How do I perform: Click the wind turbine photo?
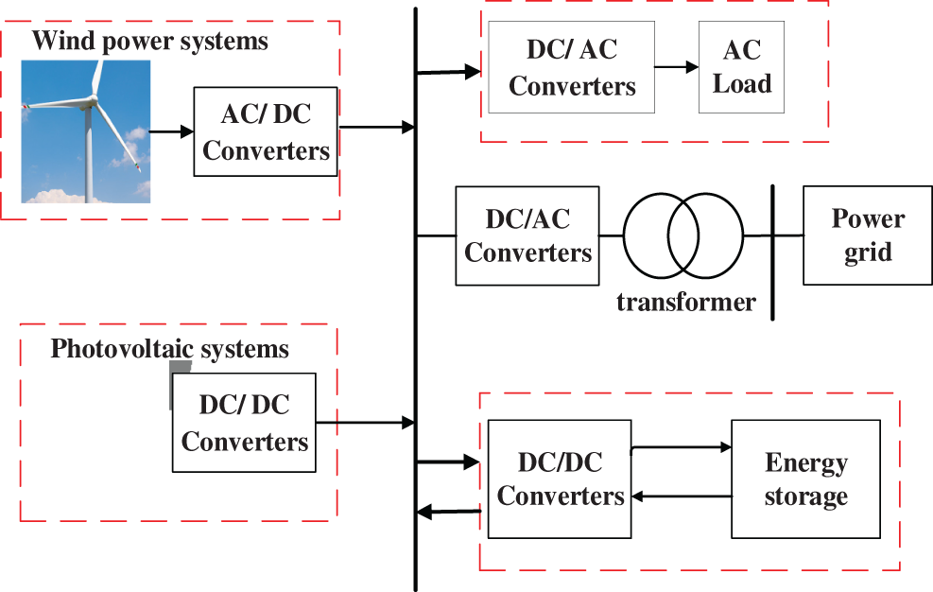click(x=87, y=131)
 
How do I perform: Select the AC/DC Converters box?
click(x=266, y=131)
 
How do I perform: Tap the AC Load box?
click(x=741, y=69)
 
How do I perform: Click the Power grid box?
click(x=867, y=235)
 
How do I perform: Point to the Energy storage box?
click(x=805, y=479)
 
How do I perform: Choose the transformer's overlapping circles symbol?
click(x=683, y=235)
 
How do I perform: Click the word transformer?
click(x=686, y=303)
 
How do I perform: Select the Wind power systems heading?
click(x=150, y=42)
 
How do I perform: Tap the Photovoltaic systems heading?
click(x=169, y=349)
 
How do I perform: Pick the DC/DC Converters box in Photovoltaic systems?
click(x=244, y=423)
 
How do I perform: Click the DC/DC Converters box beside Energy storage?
click(x=560, y=479)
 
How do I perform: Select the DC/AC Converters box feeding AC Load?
click(x=572, y=69)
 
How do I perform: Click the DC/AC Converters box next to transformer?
click(x=527, y=235)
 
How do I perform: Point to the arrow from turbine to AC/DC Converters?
click(x=171, y=131)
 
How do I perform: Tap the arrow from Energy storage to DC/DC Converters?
click(x=681, y=496)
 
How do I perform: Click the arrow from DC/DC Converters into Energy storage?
click(x=681, y=447)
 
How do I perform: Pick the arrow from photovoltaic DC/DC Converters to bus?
click(x=364, y=423)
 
